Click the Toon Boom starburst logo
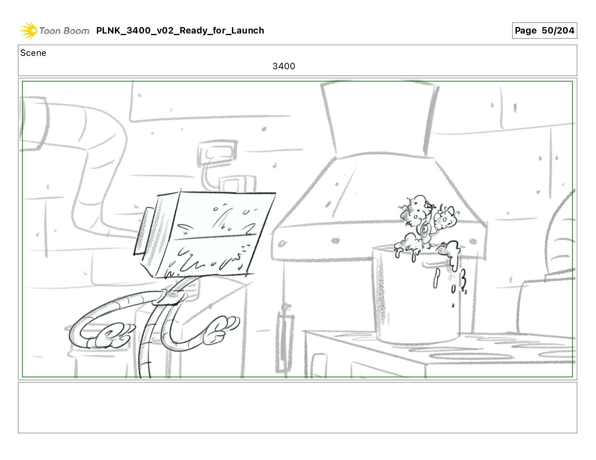coord(28,30)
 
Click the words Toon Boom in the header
coord(64,31)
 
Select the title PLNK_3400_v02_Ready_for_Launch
coord(180,30)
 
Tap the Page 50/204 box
coord(544,30)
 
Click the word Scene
coord(33,53)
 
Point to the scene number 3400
coord(284,66)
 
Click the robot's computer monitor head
coord(204,235)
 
